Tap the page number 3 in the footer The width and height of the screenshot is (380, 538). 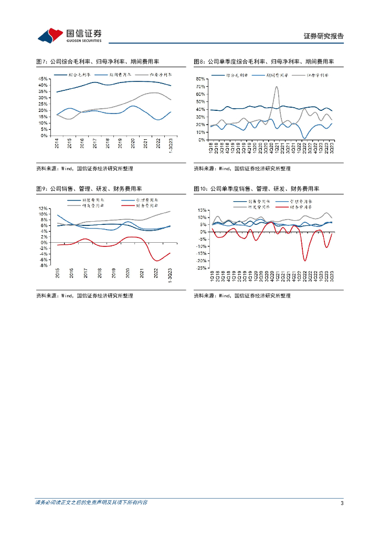pyautogui.click(x=342, y=503)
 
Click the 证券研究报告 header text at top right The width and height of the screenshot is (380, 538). pyautogui.click(x=324, y=36)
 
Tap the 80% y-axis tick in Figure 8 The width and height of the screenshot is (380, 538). pyautogui.click(x=200, y=79)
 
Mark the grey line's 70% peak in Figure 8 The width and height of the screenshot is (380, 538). pyautogui.click(x=277, y=87)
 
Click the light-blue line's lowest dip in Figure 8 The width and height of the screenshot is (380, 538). pyautogui.click(x=304, y=138)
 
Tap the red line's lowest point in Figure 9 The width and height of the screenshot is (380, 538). pyautogui.click(x=156, y=261)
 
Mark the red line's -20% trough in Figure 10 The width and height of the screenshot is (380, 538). pyautogui.click(x=305, y=260)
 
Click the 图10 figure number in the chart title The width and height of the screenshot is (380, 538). pyautogui.click(x=200, y=189)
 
